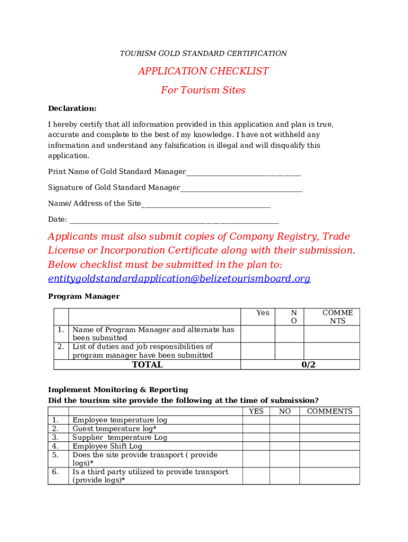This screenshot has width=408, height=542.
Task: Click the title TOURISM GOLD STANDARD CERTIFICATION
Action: pos(203,53)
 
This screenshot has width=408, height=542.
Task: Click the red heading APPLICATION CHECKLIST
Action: pos(203,71)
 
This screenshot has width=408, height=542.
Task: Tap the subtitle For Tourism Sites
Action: pos(203,91)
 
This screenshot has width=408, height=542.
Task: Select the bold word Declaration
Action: pos(73,109)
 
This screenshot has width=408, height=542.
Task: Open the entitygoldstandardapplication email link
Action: pos(179,279)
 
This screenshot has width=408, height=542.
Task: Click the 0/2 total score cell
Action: pos(308,365)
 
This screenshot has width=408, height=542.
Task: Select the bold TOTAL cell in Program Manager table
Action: pos(147,365)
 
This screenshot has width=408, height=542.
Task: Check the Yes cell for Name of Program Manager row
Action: pos(258,334)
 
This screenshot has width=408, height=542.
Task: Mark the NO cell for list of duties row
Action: pos(289,351)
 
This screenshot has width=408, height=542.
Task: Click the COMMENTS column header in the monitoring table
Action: pos(330,411)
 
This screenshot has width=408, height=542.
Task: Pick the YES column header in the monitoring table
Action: pos(256,411)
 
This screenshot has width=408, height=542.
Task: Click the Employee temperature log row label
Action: pos(120,420)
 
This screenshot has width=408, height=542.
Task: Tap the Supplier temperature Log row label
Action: pos(120,438)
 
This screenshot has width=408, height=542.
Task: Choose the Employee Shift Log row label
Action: pos(108,446)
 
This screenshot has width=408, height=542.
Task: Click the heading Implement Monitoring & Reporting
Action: pos(118,390)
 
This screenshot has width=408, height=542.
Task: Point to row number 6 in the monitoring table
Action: pos(55,472)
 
